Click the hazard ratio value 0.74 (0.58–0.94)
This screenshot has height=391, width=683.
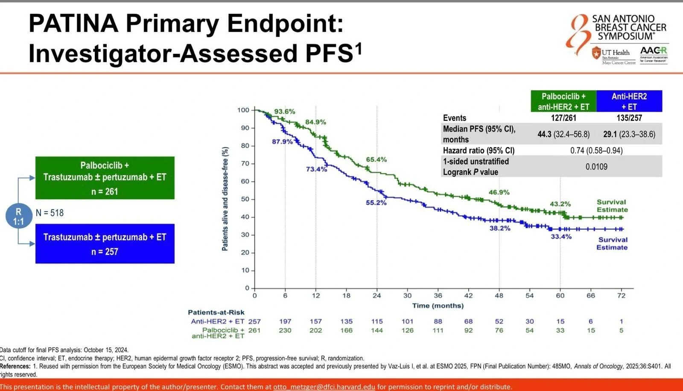596,150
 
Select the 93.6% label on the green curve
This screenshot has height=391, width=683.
284,112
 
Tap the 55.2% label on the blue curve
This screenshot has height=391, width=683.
376,203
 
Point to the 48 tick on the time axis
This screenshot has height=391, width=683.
499,295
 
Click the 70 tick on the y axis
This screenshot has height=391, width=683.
245,164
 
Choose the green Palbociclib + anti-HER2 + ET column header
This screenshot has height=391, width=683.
563,101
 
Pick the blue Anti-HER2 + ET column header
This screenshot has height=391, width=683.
629,101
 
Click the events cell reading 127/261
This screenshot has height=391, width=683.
563,118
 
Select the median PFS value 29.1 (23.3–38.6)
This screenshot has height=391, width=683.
629,134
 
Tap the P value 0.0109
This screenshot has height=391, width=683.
596,167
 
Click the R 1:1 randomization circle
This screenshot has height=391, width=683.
18,216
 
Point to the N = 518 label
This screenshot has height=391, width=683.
50,213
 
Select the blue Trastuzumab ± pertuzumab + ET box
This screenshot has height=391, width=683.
105,244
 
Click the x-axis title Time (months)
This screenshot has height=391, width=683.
438,306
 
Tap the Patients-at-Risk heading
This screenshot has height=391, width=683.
216,312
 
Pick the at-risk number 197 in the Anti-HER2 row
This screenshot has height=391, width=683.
285,321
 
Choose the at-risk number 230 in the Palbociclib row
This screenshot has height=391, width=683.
285,330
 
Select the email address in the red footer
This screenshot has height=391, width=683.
324,387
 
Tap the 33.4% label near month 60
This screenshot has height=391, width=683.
561,236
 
